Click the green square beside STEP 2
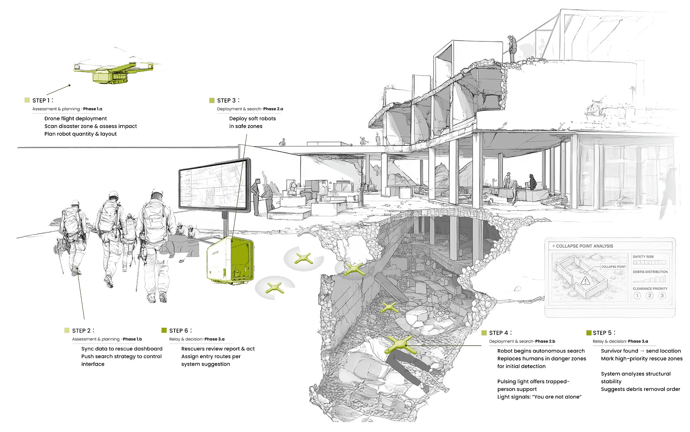(67, 330)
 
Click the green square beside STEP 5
(589, 333)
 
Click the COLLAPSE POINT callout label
(613, 267)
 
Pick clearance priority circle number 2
(650, 296)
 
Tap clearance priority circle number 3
(662, 296)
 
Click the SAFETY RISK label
(643, 257)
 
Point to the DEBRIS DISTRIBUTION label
(650, 272)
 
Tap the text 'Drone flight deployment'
(76, 118)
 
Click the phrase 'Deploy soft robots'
(253, 118)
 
